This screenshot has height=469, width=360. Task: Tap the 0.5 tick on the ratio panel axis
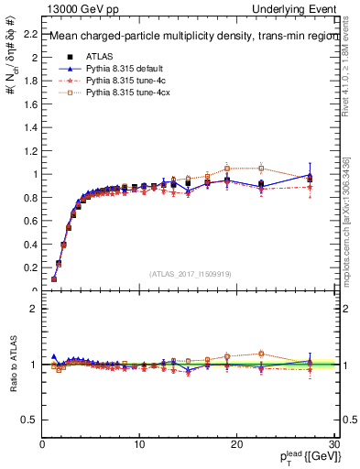[28, 420]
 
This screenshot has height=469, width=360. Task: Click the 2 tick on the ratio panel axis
[33, 309]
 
